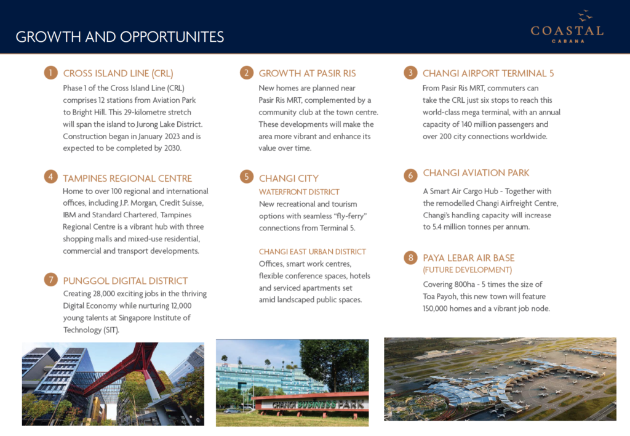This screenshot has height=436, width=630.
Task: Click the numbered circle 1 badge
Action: click(50, 73)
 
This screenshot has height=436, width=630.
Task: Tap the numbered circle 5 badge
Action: click(246, 177)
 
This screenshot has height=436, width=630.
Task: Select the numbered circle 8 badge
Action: click(410, 258)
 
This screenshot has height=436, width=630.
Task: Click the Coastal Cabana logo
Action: click(567, 27)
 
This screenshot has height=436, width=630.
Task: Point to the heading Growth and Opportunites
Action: click(120, 37)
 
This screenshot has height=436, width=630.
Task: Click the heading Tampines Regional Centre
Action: click(127, 178)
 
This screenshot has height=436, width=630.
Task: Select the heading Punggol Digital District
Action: click(126, 281)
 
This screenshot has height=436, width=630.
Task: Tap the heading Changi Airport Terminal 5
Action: click(488, 73)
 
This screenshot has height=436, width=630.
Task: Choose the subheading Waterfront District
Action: click(299, 192)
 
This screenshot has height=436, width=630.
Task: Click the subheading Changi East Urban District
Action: click(313, 251)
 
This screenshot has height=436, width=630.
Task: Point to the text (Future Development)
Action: click(467, 270)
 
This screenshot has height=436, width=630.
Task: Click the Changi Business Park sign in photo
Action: click(311, 404)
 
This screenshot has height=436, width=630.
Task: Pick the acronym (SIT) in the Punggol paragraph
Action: click(109, 329)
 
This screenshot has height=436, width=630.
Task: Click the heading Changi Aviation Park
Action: click(476, 173)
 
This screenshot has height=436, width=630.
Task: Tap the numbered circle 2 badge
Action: click(246, 73)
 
